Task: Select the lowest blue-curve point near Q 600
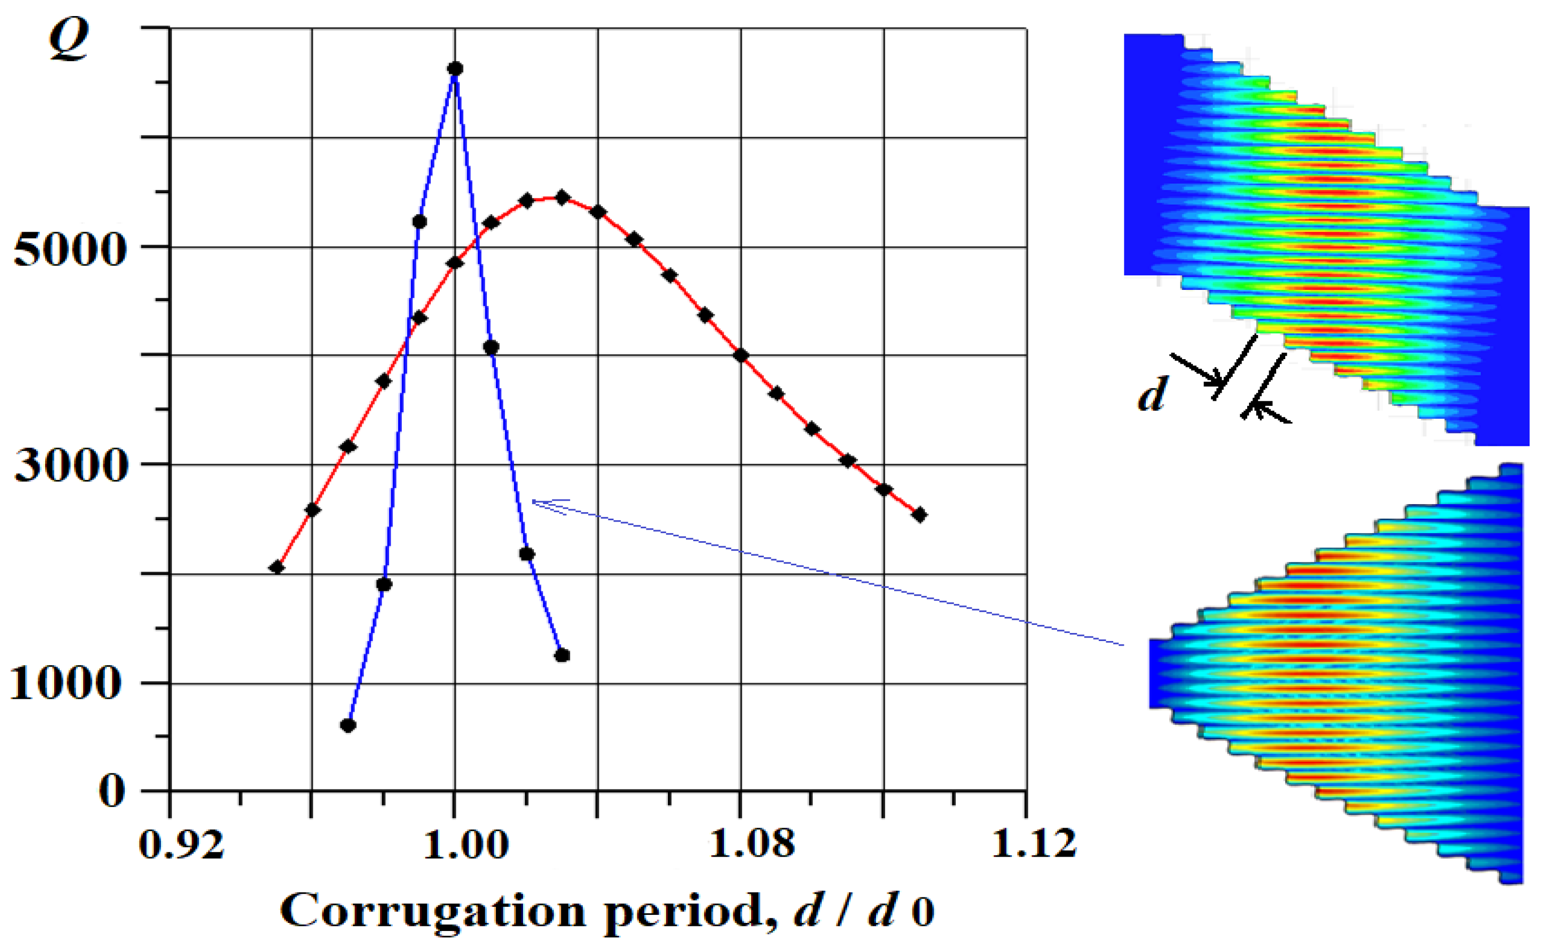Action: (x=349, y=725)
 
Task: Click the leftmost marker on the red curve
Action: (x=277, y=567)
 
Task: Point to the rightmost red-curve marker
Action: (x=919, y=515)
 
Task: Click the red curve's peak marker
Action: (x=562, y=198)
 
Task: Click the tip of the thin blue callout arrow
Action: (x=533, y=501)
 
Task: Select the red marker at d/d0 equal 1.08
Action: (x=741, y=356)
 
